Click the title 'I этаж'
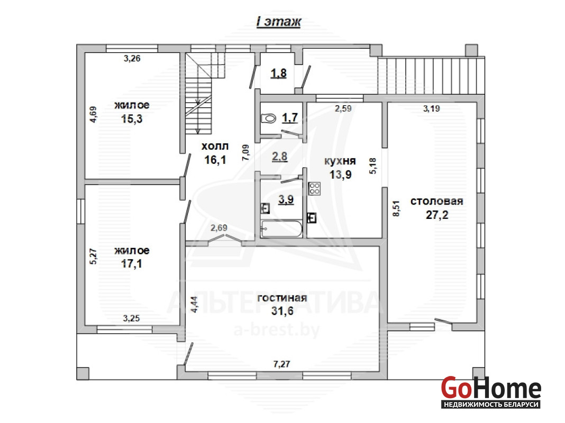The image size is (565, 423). [x=279, y=22]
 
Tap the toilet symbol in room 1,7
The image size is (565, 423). [x=268, y=118]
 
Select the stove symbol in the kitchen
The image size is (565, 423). [x=314, y=189]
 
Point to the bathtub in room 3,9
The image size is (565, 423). [x=281, y=229]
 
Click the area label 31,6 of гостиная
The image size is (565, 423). [x=282, y=311]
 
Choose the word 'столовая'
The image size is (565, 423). [x=437, y=201]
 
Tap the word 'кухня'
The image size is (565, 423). [x=340, y=161]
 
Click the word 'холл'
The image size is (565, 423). [x=215, y=146]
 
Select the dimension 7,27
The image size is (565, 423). [x=281, y=364]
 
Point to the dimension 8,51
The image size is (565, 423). [x=396, y=208]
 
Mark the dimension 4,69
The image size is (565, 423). [x=93, y=115]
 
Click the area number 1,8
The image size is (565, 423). [x=279, y=73]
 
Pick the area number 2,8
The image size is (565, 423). [x=280, y=157]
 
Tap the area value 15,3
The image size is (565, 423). [x=132, y=119]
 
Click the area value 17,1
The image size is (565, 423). [x=132, y=264]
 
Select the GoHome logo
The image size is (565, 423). [x=491, y=392]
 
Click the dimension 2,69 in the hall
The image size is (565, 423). [x=218, y=228]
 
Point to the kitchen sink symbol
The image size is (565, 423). [x=311, y=218]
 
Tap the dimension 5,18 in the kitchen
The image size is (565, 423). [x=373, y=166]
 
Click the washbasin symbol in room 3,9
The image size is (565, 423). [x=265, y=208]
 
